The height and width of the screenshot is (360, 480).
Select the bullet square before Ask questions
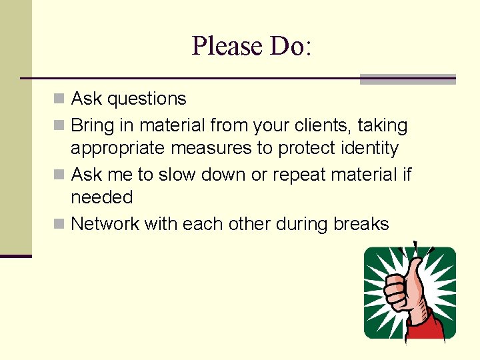click(x=60, y=99)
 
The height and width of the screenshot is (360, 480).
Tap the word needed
click(x=101, y=197)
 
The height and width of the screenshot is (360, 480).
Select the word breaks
click(x=361, y=224)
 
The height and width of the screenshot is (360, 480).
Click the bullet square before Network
click(x=60, y=224)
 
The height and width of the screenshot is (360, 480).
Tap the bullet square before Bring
click(x=60, y=125)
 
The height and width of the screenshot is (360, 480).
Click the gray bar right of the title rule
click(x=407, y=79)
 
